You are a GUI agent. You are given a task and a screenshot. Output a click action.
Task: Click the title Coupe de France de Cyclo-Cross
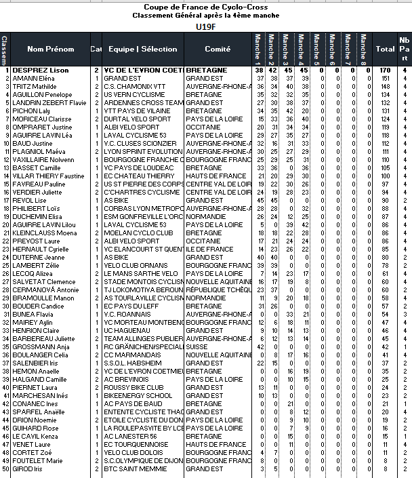click(x=205, y=7)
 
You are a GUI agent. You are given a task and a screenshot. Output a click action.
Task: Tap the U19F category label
click(x=205, y=26)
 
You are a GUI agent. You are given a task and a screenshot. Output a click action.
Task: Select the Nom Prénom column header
click(x=50, y=49)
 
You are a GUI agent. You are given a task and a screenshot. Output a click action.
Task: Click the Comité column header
click(x=217, y=49)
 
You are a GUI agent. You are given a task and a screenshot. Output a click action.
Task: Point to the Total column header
click(x=386, y=49)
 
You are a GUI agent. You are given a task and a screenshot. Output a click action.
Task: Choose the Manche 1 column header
click(x=258, y=49)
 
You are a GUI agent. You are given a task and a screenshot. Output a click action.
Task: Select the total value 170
click(x=386, y=70)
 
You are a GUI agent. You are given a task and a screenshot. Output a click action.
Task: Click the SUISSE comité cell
click(x=197, y=346)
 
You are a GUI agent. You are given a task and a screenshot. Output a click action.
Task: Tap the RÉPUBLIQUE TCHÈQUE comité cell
click(x=217, y=290)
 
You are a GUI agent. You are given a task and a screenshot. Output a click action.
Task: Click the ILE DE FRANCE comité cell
click(x=210, y=249)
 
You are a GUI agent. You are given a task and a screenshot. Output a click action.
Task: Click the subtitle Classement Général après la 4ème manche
click(x=205, y=15)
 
